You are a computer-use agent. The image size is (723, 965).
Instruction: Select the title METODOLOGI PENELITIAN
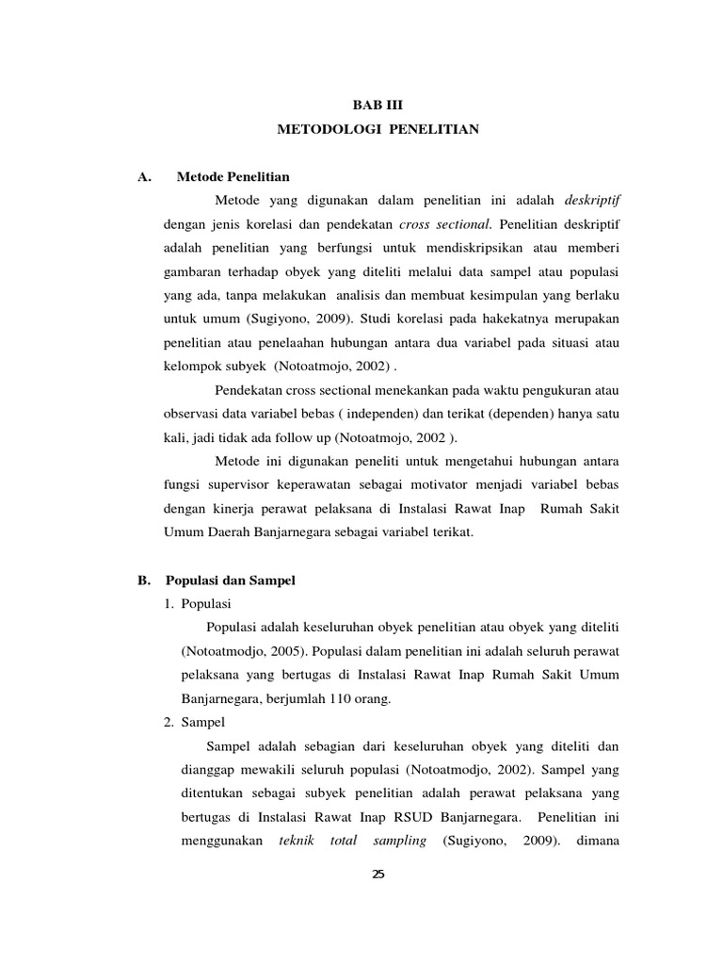[378, 129]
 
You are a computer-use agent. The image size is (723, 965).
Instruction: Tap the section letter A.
[144, 176]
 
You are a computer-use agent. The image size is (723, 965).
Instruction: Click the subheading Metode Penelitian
[233, 176]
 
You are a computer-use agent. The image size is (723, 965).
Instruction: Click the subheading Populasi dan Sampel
[230, 581]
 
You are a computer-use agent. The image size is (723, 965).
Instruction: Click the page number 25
[378, 875]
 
